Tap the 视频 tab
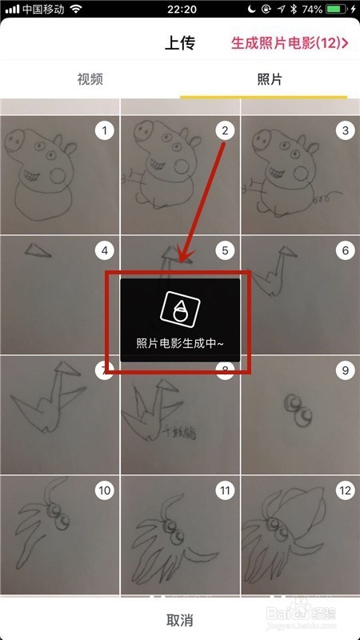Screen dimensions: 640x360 tap(90, 79)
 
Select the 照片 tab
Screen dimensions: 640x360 tap(269, 79)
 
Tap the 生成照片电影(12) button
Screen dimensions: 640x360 tap(290, 42)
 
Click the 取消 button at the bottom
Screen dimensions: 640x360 tap(179, 620)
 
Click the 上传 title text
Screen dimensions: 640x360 tap(180, 42)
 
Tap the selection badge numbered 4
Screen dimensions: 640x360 tap(104, 251)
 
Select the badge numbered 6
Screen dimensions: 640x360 tap(346, 251)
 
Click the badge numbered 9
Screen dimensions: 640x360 tap(346, 371)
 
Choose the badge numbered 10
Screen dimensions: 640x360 tap(104, 490)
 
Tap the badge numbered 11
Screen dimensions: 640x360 tap(225, 490)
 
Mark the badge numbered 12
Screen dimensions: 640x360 tap(346, 490)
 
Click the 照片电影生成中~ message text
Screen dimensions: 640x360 tap(180, 343)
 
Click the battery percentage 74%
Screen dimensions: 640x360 tap(313, 10)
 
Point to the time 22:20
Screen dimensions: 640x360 tap(179, 10)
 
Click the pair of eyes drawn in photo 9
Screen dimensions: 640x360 tap(299, 407)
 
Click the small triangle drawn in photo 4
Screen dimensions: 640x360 tap(35, 251)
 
